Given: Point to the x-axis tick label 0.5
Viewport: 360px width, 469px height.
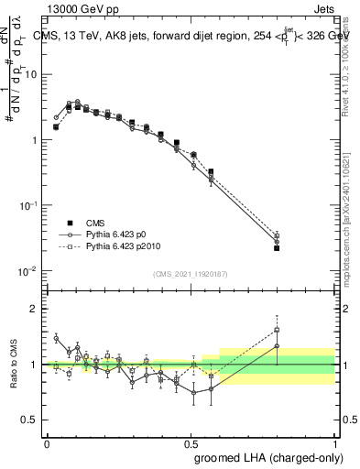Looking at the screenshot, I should click(191, 442).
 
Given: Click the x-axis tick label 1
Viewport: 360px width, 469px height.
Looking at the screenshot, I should click(334, 442).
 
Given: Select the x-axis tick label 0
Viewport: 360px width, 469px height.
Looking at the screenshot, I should click(47, 442).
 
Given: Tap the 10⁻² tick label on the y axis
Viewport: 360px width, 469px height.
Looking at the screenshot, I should click(30, 271).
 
